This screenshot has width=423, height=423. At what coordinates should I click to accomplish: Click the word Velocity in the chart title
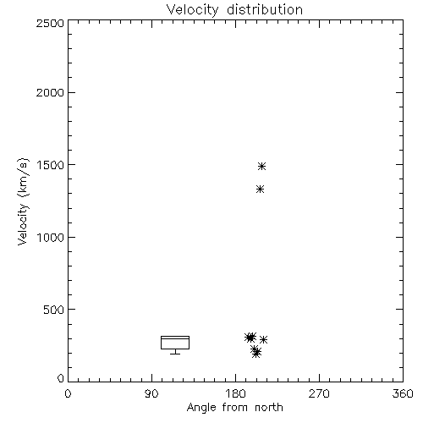[x=192, y=10]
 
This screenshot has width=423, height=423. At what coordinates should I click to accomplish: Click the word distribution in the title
[x=265, y=9]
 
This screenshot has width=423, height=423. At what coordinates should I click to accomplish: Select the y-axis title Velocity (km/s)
[x=23, y=201]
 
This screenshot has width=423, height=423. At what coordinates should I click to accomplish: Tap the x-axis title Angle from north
[x=234, y=408]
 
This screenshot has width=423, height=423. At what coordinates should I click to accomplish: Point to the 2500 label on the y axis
[x=50, y=23]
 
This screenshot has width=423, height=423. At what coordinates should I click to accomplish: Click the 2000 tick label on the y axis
[x=50, y=92]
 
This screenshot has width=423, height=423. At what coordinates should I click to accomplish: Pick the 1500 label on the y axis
[x=51, y=165]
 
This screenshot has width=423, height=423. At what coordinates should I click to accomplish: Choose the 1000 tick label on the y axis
[x=51, y=238]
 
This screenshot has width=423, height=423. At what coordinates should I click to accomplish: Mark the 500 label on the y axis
[x=54, y=310]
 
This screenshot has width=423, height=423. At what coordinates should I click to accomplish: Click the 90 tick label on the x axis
[x=151, y=393]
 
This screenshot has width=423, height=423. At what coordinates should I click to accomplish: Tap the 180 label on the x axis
[x=235, y=393]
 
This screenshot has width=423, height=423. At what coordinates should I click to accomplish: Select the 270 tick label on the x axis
[x=319, y=393]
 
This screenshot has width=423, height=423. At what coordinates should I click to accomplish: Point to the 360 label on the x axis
[x=403, y=393]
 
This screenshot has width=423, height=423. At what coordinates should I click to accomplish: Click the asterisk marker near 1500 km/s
[x=261, y=166]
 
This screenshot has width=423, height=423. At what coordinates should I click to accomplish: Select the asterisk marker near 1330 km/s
[x=260, y=189]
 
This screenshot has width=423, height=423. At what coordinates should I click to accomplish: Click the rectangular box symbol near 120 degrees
[x=175, y=336]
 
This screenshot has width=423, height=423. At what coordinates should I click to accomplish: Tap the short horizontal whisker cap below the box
[x=175, y=354]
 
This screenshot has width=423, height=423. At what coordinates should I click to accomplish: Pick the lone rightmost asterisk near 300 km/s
[x=263, y=339]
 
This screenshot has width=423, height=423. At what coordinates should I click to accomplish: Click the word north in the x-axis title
[x=269, y=408]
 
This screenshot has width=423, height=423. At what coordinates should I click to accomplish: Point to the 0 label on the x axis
[x=68, y=393]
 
